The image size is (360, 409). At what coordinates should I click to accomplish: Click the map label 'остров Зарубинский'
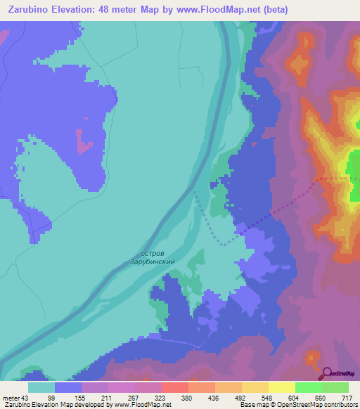pos(152,257)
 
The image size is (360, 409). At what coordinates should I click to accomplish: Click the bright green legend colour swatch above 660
pos(309,387)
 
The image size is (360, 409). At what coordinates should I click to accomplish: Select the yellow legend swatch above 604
pos(282,387)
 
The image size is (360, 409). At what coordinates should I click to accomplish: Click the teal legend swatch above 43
pos(41,387)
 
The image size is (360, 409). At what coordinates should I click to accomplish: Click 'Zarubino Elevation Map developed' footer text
pos(42,405)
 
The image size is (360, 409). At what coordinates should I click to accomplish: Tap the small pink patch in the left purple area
pos(85,146)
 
